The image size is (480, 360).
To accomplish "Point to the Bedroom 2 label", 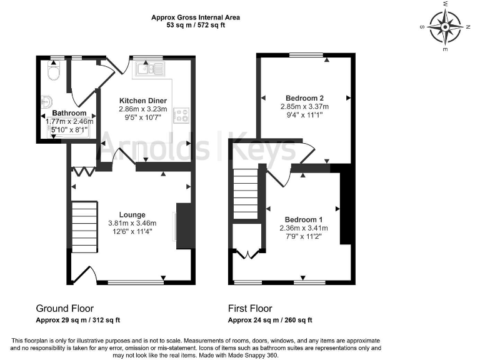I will [x=304, y=98].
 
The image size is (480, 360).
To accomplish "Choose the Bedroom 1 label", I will [x=303, y=219].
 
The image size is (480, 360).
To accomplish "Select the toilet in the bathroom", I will [x=52, y=73].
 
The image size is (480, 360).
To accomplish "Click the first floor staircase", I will [x=246, y=197].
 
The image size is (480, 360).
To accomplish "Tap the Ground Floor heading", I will [x=65, y=308].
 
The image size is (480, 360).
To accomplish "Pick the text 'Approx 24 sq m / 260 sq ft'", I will [x=270, y=320].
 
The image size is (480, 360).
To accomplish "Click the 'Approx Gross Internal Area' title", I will [x=195, y=17].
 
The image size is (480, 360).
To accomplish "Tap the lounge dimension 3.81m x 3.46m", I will [x=132, y=223].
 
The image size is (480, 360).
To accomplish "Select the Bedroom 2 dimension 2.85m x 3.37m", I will [x=304, y=107].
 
